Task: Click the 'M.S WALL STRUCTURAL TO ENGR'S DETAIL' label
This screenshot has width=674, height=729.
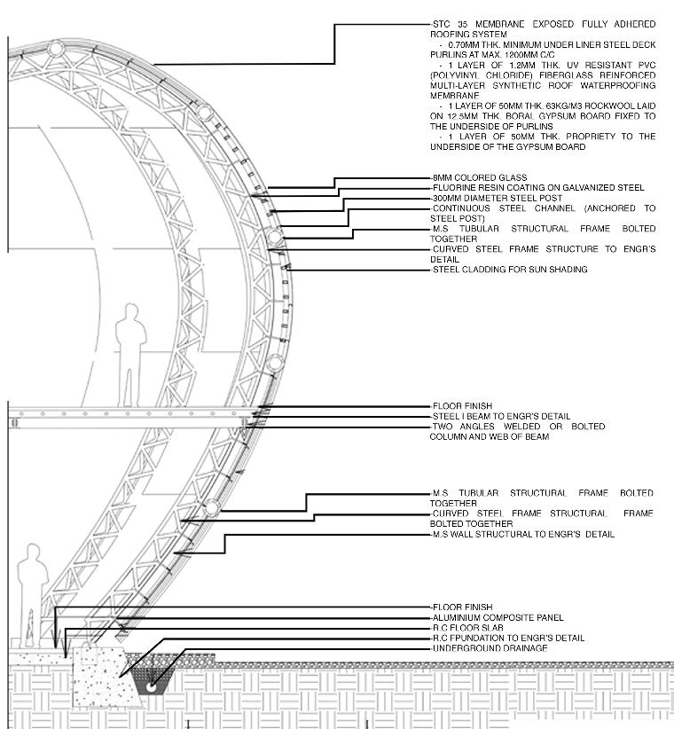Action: [522, 535]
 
